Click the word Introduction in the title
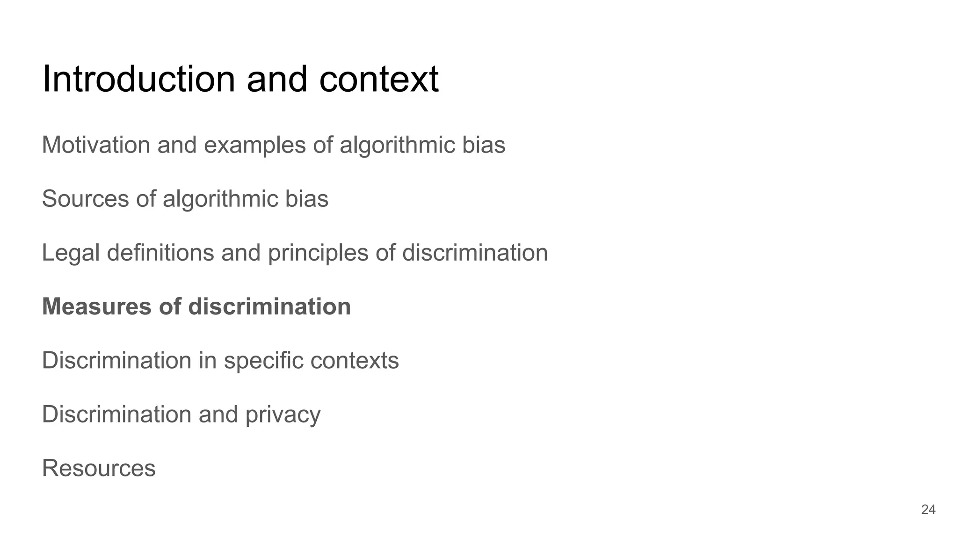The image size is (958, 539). pyautogui.click(x=138, y=79)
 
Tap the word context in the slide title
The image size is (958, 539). pyautogui.click(x=378, y=79)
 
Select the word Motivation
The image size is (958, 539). pyautogui.click(x=96, y=145)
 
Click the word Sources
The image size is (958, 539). pyautogui.click(x=85, y=199)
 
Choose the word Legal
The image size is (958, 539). pyautogui.click(x=71, y=253)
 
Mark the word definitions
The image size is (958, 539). pyautogui.click(x=160, y=253)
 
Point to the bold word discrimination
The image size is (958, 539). pyautogui.click(x=269, y=307)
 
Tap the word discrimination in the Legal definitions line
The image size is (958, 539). pyautogui.click(x=475, y=253)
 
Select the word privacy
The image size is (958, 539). pyautogui.click(x=283, y=415)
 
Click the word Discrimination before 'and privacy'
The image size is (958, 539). pyautogui.click(x=116, y=415)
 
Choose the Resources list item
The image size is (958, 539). pyautogui.click(x=99, y=468)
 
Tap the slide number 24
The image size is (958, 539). pyautogui.click(x=928, y=510)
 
